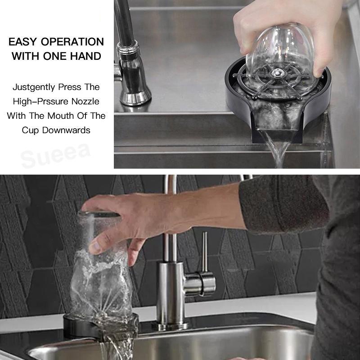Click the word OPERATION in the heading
(x=72, y=42)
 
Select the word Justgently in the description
(x=34, y=87)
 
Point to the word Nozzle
(x=85, y=102)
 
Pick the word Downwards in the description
(x=66, y=130)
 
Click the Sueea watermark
(x=55, y=156)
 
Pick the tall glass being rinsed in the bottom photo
(x=101, y=266)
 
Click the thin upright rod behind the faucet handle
(x=205, y=252)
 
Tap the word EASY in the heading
(x=22, y=42)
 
